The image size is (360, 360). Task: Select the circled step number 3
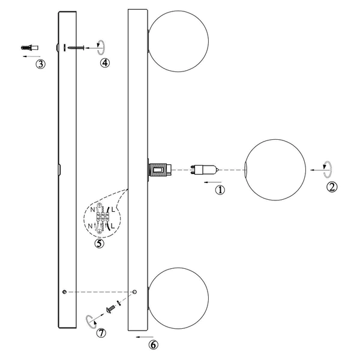point(40,64)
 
